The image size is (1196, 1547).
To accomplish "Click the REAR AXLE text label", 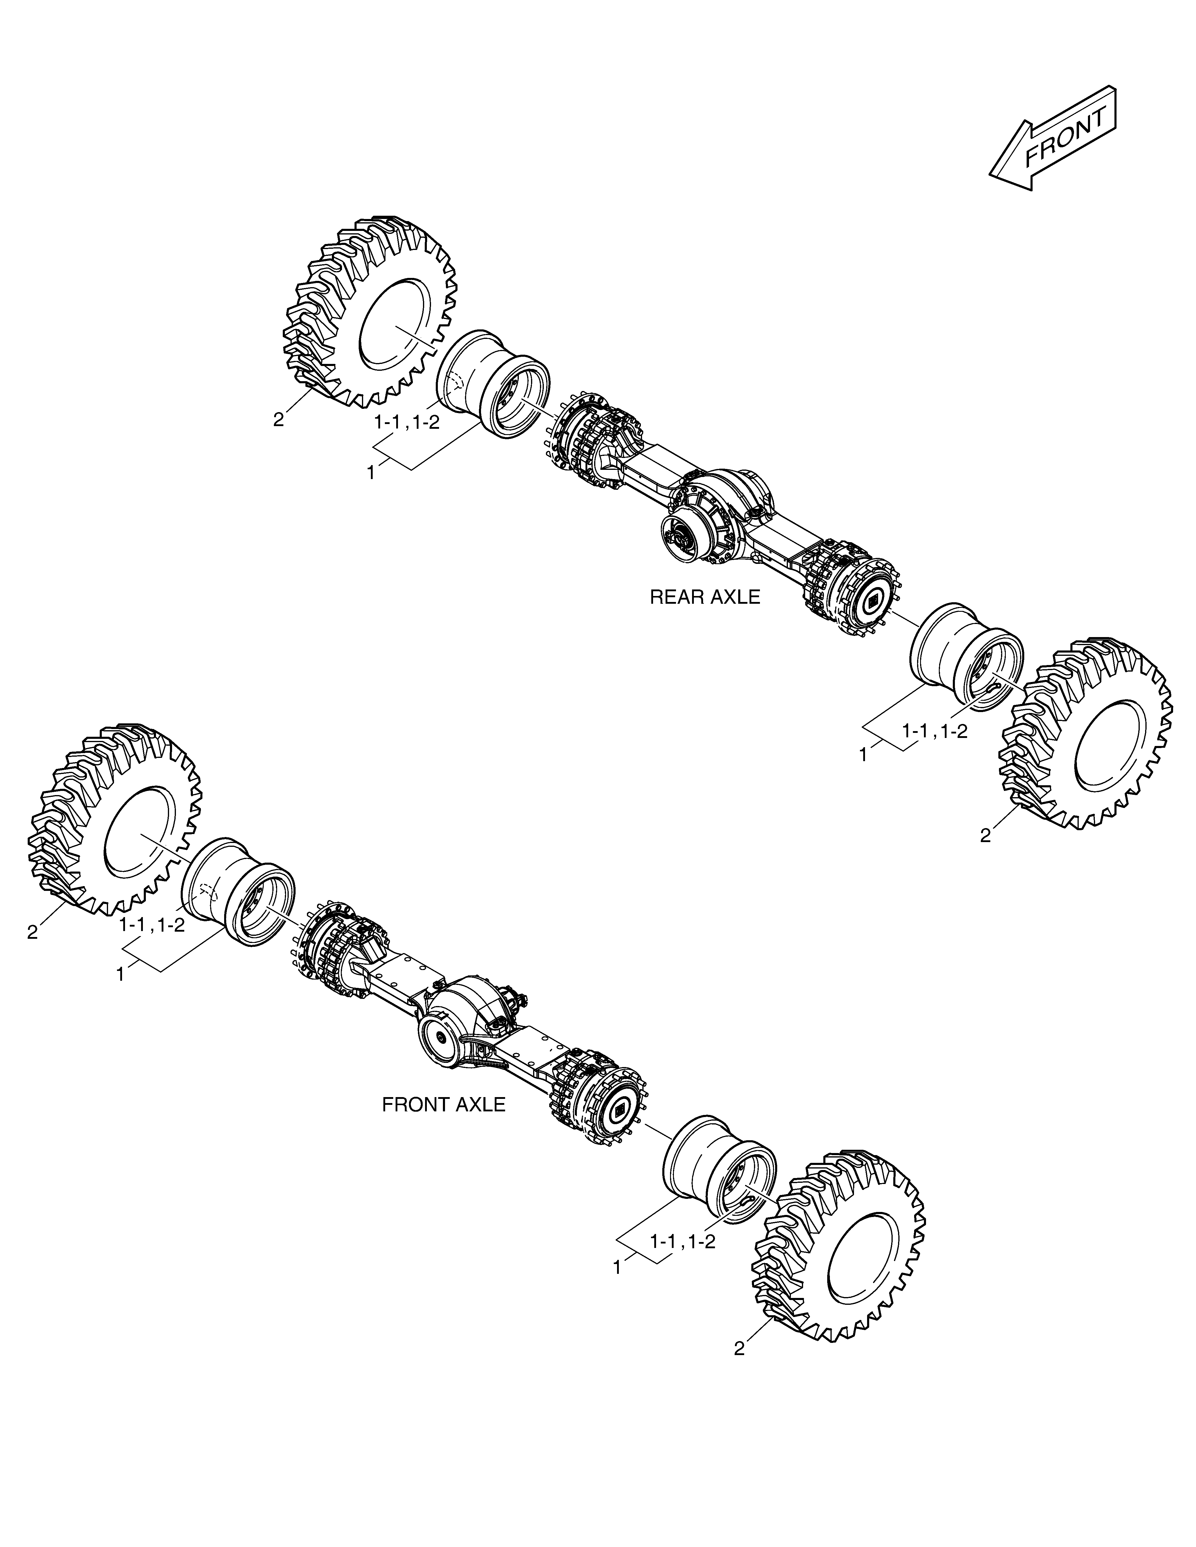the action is (705, 597).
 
